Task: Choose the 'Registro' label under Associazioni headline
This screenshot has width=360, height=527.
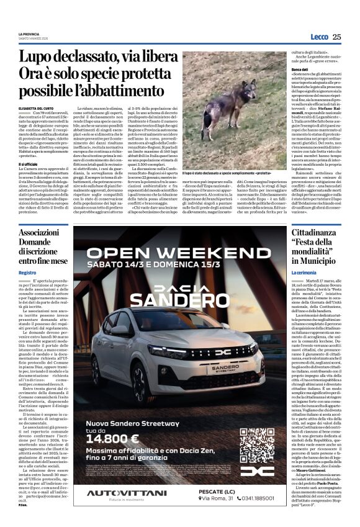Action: pos(27,273)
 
